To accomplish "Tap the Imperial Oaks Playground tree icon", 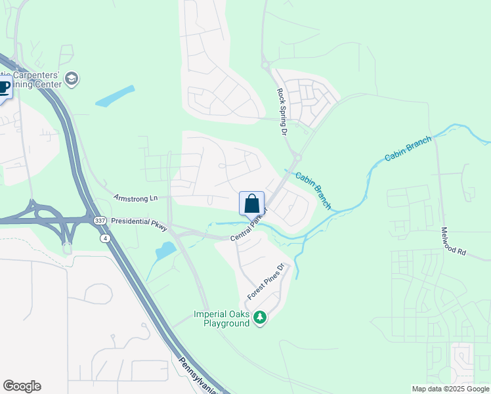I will pos(260,318).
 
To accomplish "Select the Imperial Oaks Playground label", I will pos(221,318).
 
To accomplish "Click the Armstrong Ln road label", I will pos(136,198).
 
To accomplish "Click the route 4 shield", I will pos(105,238).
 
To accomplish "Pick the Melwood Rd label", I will pos(454,242).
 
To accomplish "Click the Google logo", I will pos(22,386).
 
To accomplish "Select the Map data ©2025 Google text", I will pos(450,389).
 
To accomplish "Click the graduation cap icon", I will pos(71,80).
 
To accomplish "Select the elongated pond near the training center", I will pos(115,96).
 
